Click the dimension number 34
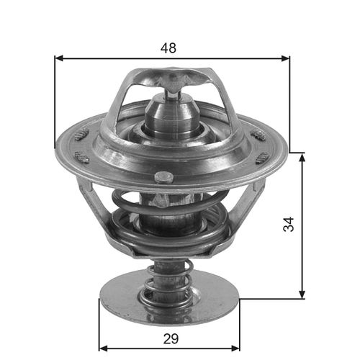pos(289,225)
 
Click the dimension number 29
pos(170,338)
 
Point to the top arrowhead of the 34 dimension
pos(302,156)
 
